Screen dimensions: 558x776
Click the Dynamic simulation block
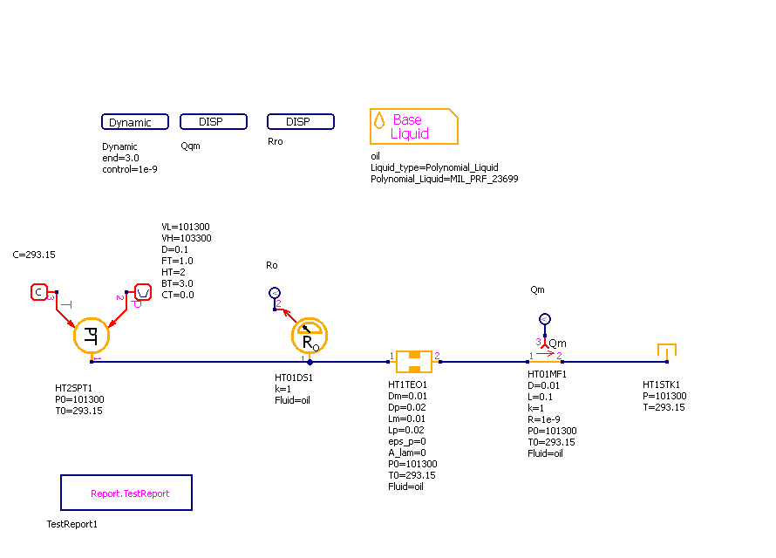coord(134,122)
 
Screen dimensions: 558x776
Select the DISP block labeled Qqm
coord(213,121)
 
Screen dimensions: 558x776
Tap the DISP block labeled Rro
coord(300,121)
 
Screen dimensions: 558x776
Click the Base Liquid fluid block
coord(413,126)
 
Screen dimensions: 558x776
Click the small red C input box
coord(38,292)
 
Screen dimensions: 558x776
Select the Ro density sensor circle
coord(307,335)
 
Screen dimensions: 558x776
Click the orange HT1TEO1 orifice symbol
coord(413,360)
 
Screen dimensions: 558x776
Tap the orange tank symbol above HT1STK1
coord(667,350)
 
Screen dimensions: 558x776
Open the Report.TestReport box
coord(126,493)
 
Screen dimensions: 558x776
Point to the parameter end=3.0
coord(120,158)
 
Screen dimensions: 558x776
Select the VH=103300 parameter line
coord(186,238)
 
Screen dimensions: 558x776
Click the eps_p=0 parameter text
coord(406,442)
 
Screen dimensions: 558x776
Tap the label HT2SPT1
coord(73,388)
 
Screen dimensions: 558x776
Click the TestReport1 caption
coord(72,524)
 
